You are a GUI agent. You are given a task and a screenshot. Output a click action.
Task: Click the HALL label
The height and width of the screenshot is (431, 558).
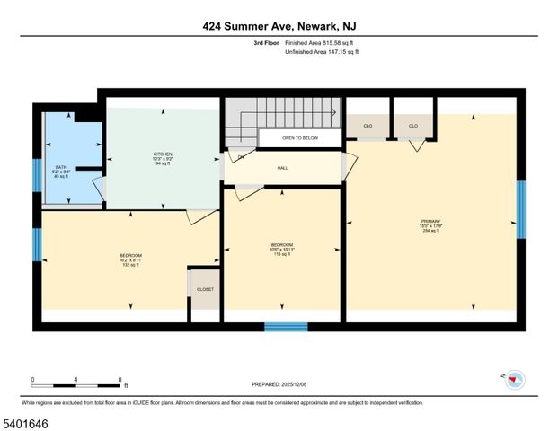pos(282,168)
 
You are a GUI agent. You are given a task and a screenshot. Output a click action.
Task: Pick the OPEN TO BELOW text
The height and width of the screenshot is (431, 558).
pos(299,138)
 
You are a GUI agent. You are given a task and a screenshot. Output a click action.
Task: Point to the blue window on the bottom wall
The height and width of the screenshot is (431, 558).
pos(286,327)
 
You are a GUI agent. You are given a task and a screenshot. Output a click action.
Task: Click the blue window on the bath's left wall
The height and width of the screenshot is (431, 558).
pos(37,174)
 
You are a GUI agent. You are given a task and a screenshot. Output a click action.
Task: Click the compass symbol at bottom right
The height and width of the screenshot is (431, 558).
pos(513,379)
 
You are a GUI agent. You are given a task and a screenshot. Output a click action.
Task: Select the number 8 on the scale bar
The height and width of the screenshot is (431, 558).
pos(120,379)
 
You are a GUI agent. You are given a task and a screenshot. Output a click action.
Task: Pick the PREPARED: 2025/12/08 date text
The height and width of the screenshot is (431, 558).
pos(279,384)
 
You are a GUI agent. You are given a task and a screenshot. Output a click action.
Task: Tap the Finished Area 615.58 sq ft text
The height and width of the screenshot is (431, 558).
pos(322,43)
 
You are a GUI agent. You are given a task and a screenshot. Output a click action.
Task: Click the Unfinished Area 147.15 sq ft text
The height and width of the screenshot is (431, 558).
pos(322,52)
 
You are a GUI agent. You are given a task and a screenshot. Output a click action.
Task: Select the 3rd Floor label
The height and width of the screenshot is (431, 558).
pos(266,43)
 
